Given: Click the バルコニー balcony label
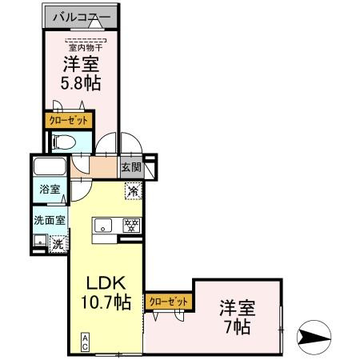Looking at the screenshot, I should coord(81,16).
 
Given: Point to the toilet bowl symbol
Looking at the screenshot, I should coord(65,142).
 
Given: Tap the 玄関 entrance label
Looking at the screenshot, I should coord(131,168).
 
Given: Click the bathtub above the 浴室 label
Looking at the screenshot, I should coord(50,170).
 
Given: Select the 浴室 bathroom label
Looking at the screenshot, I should coord(50,190).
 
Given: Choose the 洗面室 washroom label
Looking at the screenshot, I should coord(50,218).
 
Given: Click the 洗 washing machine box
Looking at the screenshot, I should coord(58,244).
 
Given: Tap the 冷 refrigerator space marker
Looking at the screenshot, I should coord(133,190).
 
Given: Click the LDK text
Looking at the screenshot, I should coord(102,283).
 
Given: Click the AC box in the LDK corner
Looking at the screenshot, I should coord(83,342).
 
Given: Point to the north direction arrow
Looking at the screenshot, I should coord(318,335).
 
